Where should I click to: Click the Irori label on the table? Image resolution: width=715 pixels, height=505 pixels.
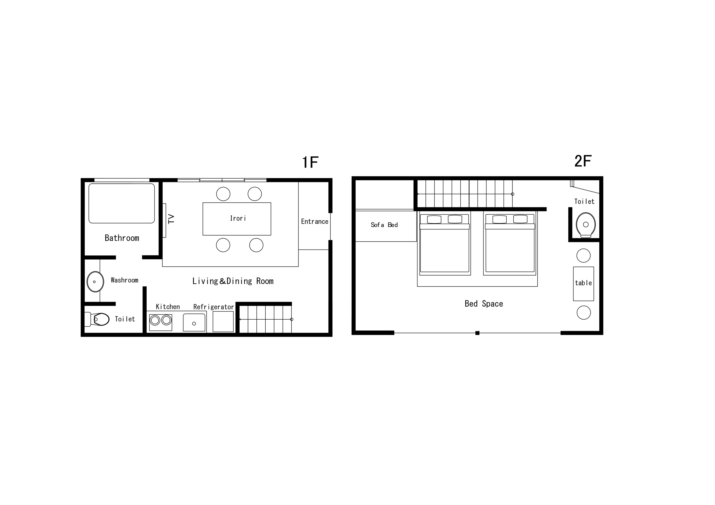coord(238,218)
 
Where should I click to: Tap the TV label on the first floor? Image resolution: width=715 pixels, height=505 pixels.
coord(171,219)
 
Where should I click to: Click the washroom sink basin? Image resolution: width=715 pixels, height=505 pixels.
coord(95,281)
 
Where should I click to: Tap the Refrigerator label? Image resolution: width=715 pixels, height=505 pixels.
coord(213,307)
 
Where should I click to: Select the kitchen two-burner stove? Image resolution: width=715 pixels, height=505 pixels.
coord(161,322)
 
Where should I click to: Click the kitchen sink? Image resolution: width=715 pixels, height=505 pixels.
coord(194,322)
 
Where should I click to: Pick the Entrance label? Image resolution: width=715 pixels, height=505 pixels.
coord(314,221)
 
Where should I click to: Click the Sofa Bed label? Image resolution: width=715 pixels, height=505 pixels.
coord(384,225)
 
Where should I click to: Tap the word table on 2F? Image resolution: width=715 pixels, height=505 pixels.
coord(583,283)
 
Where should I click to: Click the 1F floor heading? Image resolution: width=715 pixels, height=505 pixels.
coord(310,162)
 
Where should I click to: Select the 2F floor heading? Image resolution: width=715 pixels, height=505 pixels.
coord(583,161)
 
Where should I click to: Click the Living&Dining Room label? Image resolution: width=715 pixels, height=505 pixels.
coord(233,281)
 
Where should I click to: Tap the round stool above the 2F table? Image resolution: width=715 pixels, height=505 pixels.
coord(583,256)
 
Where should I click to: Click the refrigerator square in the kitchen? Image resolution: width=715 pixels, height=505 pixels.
coord(223,322)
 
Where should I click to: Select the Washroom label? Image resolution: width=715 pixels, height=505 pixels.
coord(125,280)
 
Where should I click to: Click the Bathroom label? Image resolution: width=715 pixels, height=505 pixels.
coord(122,238)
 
